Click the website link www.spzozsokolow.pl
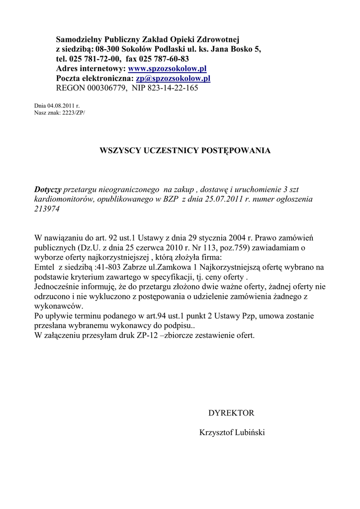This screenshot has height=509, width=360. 167,69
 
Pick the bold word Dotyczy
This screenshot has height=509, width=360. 48,189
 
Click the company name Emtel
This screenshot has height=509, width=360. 45,268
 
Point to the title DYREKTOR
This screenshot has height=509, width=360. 231,413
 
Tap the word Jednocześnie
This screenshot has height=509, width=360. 58,287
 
